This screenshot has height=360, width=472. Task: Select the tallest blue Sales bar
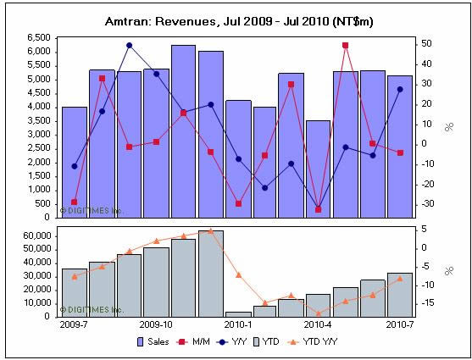[x=183, y=131]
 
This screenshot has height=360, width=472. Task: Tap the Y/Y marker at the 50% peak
[x=129, y=46]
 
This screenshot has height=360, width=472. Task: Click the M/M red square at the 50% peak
[x=345, y=46]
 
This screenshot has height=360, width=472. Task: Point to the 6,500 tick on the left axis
[x=38, y=38]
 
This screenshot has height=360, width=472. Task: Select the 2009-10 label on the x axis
[x=156, y=324]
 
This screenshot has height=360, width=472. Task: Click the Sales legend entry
[x=153, y=342]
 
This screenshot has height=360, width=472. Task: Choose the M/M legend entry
[x=194, y=342]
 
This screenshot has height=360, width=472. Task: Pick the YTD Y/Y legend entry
[x=313, y=342]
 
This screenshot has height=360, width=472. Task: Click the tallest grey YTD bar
[x=211, y=274]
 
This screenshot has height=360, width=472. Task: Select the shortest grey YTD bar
[x=238, y=314]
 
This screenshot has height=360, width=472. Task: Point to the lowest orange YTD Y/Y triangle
[x=319, y=313]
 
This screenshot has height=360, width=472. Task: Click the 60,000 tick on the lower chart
[x=36, y=236]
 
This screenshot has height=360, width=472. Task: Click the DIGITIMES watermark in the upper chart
[x=92, y=210]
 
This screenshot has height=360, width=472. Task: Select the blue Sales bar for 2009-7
[x=75, y=163]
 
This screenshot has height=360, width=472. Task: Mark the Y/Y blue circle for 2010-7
[x=400, y=90]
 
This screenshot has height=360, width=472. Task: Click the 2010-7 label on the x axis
[x=400, y=324]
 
